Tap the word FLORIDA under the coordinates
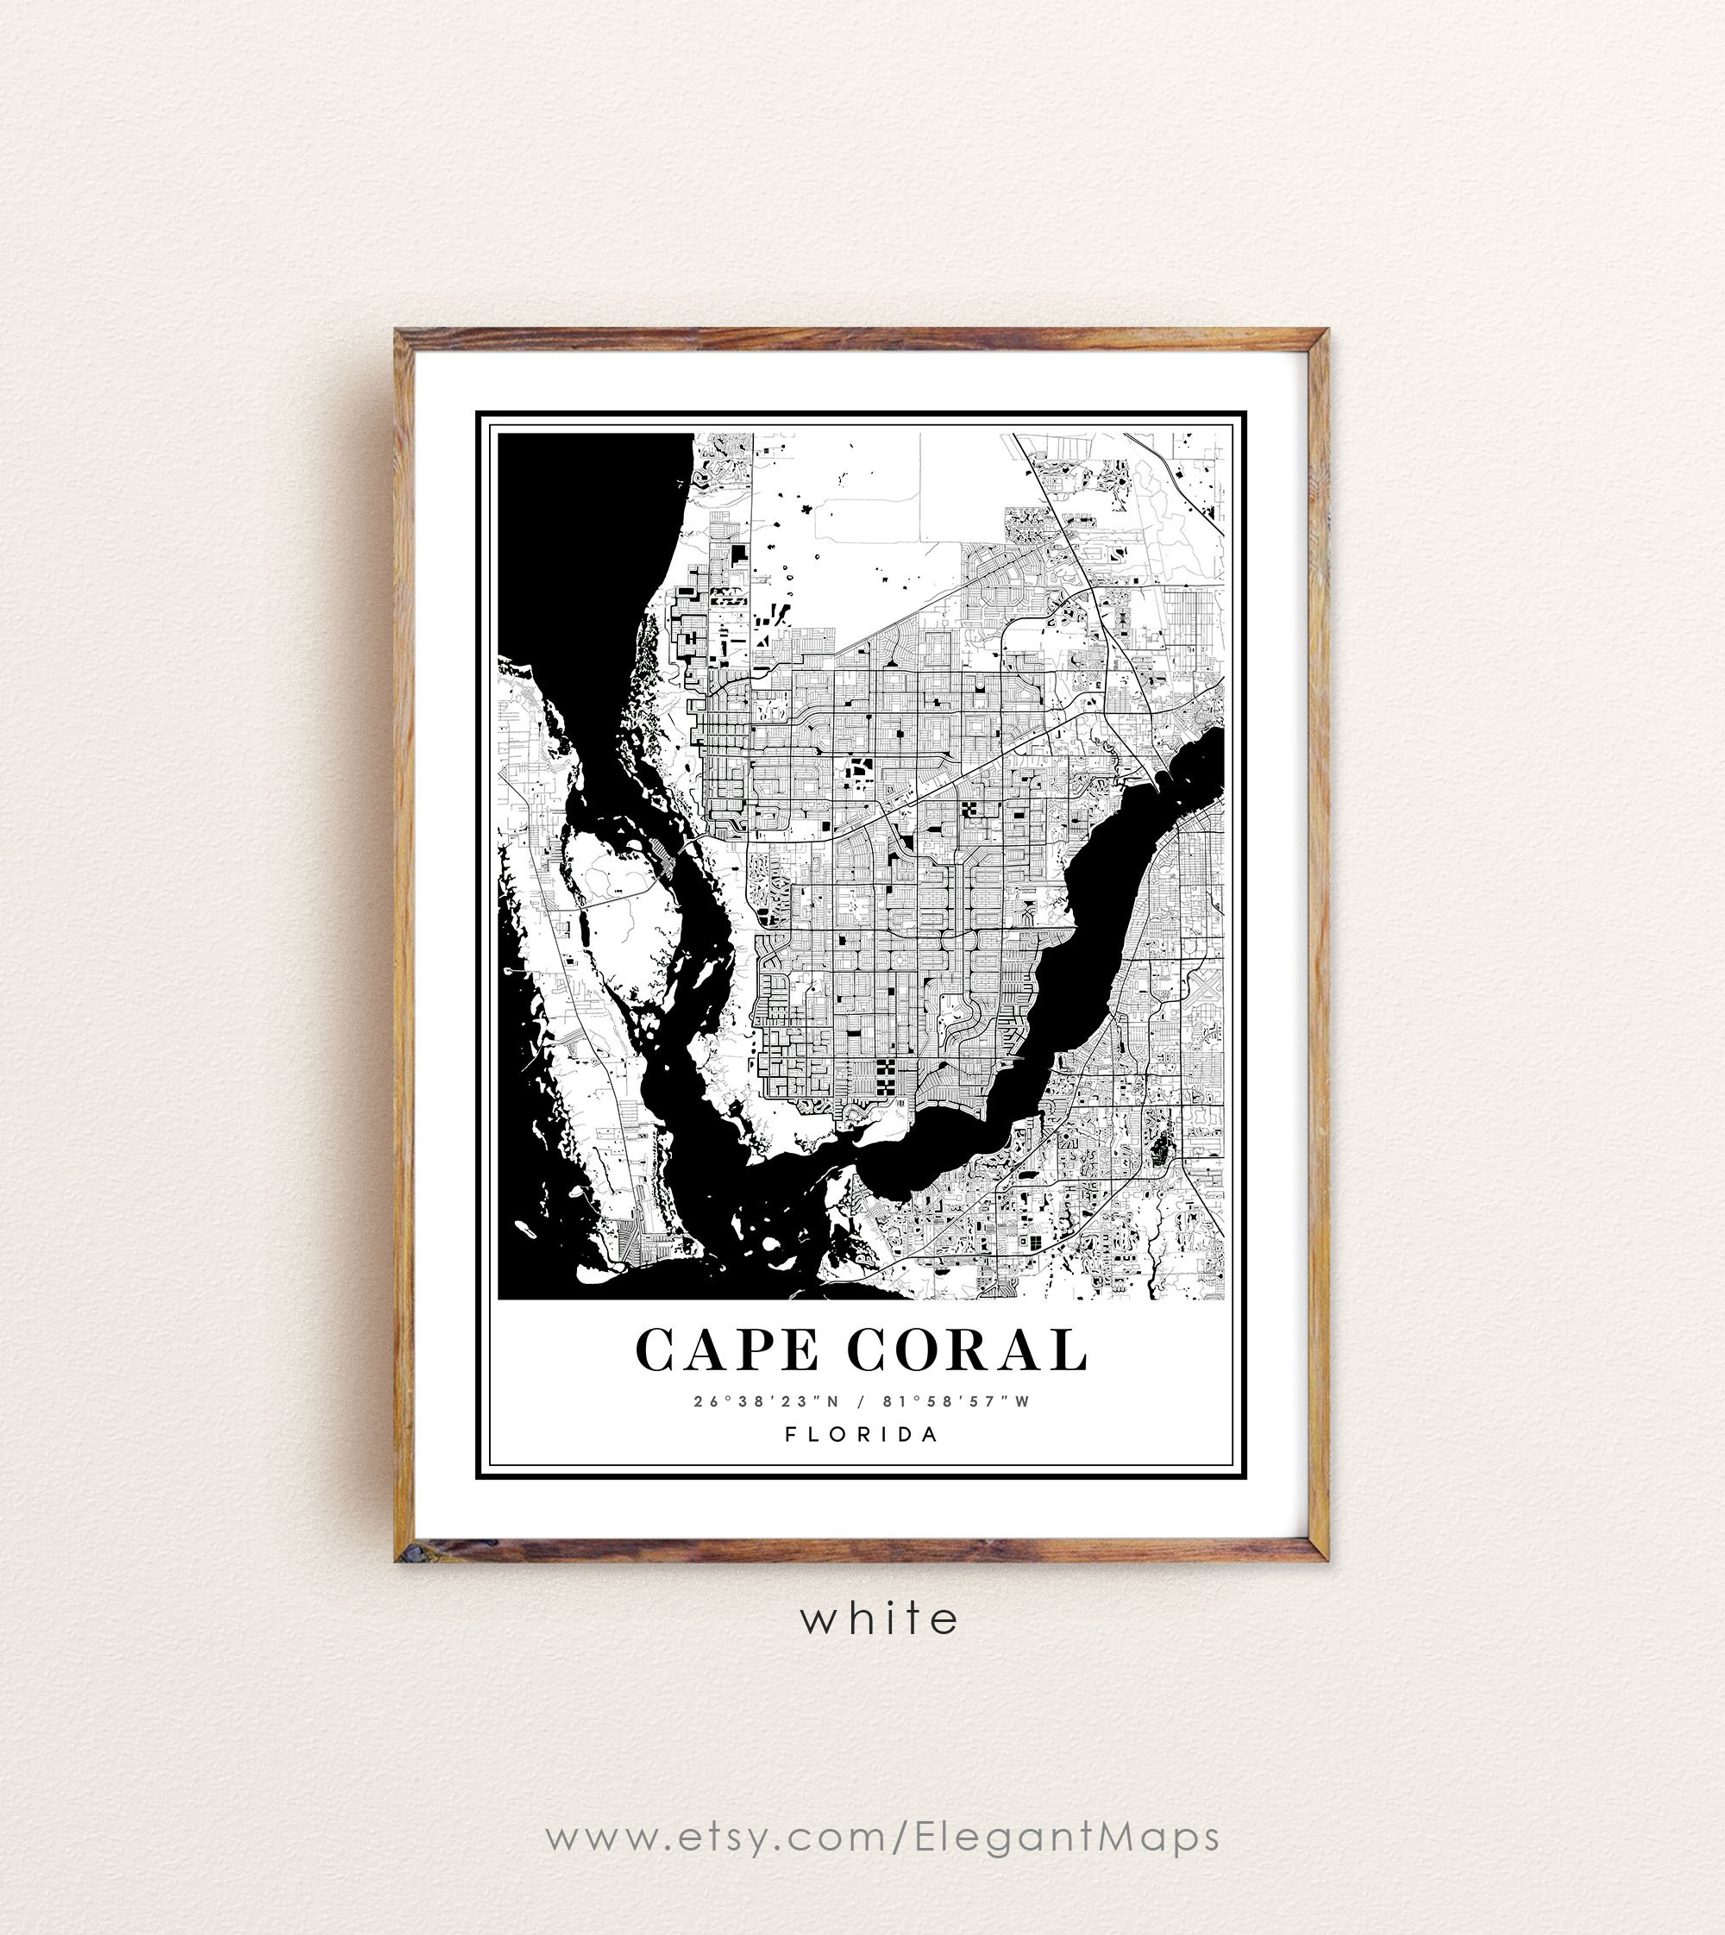(x=862, y=1434)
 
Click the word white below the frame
(x=879, y=1619)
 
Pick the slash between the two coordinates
(x=861, y=1400)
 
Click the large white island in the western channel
(x=621, y=900)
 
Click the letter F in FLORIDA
(x=790, y=1434)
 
